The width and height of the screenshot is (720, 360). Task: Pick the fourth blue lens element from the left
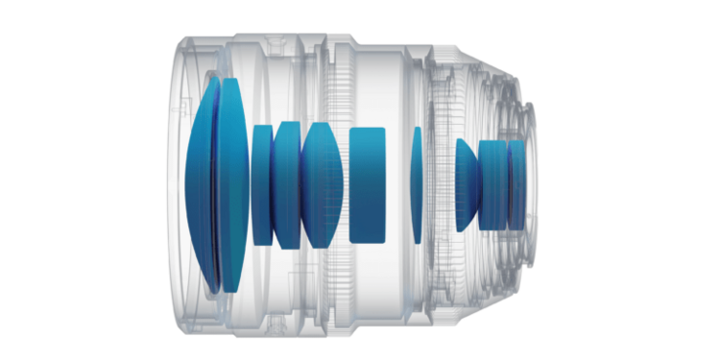pos(286,182)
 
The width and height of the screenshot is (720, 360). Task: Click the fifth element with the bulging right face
pos(320,182)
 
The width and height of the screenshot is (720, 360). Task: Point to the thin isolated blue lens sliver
pos(417,183)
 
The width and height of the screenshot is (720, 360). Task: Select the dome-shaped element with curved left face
pos(468,183)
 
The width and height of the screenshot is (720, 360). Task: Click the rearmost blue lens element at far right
pos(516,183)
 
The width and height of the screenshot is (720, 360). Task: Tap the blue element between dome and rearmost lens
pos(492,183)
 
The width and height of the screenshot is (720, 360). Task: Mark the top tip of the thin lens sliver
pos(417,128)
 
